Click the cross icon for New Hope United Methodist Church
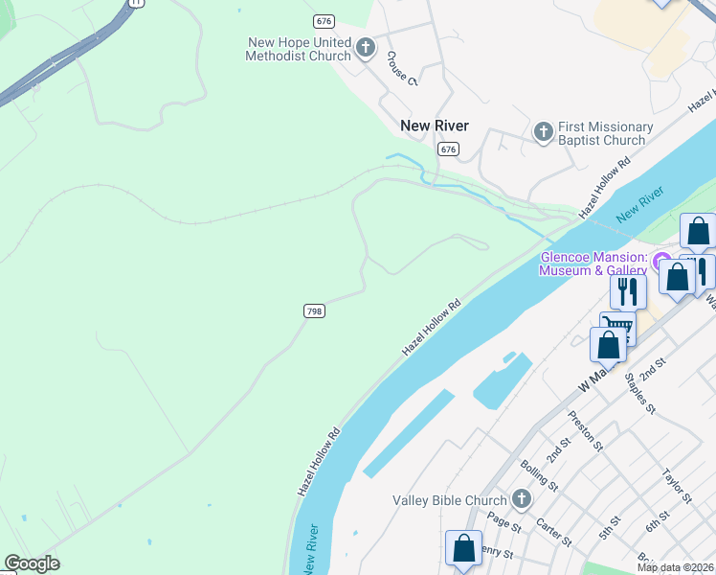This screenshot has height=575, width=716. [365, 48]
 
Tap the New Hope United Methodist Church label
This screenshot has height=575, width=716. [299, 49]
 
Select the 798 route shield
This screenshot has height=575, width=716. [314, 310]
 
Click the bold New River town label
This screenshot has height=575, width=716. [434, 126]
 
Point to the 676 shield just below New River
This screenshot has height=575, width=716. [448, 149]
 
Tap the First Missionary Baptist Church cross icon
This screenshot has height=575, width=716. [543, 132]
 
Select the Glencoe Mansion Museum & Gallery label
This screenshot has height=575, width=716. [593, 264]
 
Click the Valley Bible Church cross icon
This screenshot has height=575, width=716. [521, 499]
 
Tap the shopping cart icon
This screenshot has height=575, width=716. [618, 329]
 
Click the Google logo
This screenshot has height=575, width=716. [32, 563]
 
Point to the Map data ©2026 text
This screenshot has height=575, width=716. [676, 567]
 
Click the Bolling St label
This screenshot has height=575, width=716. [539, 475]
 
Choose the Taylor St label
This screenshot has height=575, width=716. [677, 486]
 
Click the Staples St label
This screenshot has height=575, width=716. [638, 393]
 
